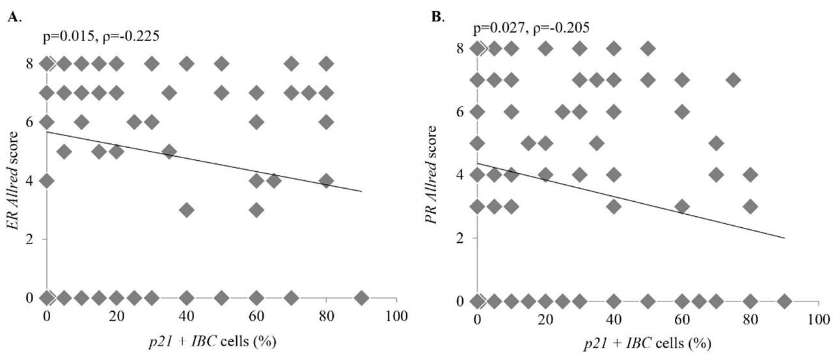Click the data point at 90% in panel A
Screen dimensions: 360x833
pos(362,298)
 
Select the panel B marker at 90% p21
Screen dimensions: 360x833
pos(784,301)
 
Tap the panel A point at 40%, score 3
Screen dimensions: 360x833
pos(187,210)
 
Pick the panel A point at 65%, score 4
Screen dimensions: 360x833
pos(274,180)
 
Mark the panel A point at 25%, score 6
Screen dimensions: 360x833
pos(134,122)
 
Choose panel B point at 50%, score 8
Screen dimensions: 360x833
pos(648,48)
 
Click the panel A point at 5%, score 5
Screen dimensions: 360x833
pos(64,151)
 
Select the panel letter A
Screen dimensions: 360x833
pos(12,18)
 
